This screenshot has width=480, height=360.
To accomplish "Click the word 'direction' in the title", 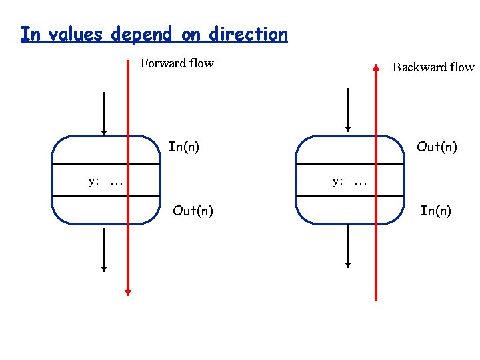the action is (x=247, y=34).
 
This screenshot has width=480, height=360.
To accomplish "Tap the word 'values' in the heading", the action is (x=71, y=34).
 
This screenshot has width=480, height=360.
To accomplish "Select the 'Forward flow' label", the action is (x=177, y=63).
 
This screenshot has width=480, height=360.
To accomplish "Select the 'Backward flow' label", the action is (x=433, y=67).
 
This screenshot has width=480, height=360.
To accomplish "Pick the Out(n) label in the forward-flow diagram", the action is (x=193, y=211).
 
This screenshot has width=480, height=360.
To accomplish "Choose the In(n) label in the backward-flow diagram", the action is (x=435, y=211).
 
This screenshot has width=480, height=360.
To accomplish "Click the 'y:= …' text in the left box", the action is (x=105, y=180).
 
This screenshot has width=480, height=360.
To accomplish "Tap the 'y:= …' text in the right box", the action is (x=350, y=180).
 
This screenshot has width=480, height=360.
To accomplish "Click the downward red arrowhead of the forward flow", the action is (x=128, y=291).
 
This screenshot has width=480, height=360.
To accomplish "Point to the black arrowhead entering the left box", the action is (x=104, y=131).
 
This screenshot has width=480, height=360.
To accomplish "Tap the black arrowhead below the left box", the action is (x=104, y=267).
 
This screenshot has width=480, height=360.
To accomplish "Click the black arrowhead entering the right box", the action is (x=347, y=128).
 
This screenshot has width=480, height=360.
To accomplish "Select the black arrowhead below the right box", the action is (x=347, y=265).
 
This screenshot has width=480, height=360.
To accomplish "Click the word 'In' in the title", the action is (x=29, y=33).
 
